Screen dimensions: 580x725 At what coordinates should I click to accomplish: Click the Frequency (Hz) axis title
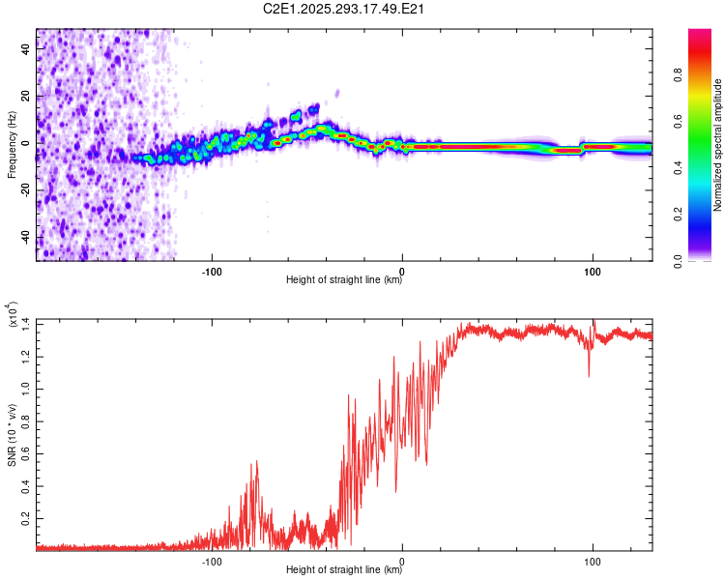coord(11,145)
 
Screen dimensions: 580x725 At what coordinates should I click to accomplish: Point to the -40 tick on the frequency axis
coord(25,238)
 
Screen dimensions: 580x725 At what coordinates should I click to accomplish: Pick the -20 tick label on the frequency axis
coord(25,190)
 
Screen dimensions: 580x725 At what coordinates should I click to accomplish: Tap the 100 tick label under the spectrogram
coord(592,270)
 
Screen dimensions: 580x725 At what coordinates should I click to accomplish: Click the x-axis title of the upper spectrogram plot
coord(344,280)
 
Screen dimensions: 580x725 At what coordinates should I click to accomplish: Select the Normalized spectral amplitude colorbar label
coord(718,145)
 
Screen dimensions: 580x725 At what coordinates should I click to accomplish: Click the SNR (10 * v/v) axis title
coord(13,435)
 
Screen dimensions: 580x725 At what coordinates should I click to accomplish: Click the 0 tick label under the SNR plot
coord(402,560)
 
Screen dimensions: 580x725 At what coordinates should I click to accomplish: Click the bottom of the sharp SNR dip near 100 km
coord(589,376)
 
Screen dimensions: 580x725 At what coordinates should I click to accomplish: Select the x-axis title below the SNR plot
coord(344,570)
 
